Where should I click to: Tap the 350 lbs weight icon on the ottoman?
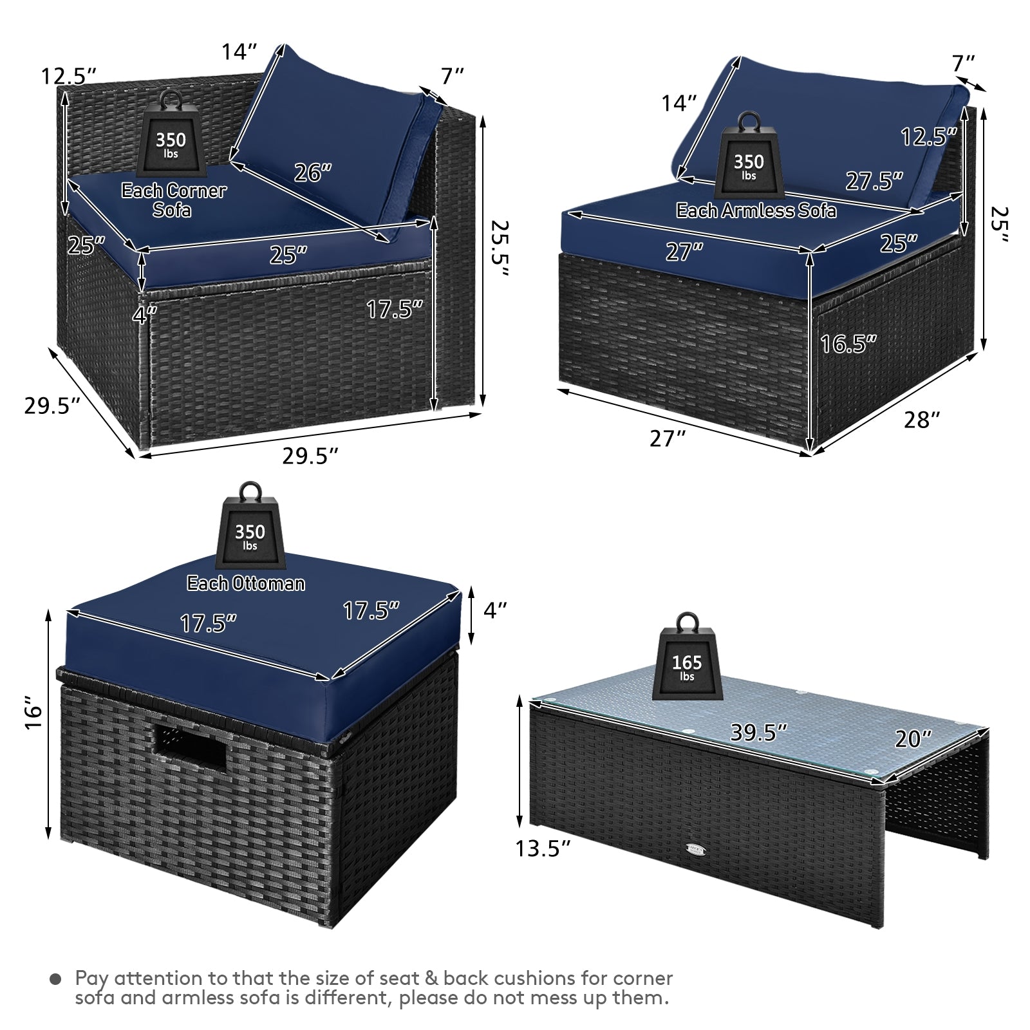point(250,529)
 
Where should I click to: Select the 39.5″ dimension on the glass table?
point(759,732)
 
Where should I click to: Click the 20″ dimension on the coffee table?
point(913,738)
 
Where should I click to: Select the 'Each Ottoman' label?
point(246,583)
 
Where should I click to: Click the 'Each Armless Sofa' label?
point(756,211)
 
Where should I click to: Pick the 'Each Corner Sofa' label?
point(174,200)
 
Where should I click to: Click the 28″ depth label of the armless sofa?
point(922,420)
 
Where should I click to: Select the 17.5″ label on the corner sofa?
point(395,309)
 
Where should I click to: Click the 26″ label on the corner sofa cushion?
point(313,173)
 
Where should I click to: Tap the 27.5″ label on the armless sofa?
point(874,181)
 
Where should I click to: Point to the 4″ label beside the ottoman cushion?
point(494,610)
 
